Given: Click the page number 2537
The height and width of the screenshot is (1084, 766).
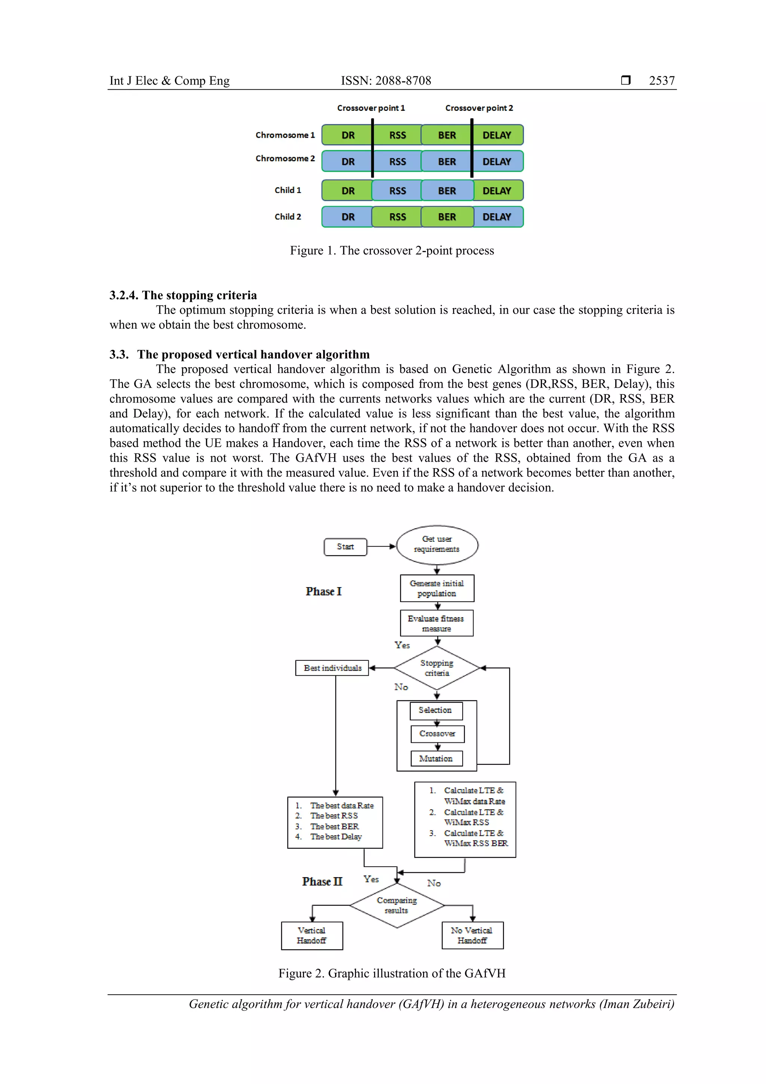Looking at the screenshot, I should pos(661,81).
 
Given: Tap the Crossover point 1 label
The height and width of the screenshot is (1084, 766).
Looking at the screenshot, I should pos(371,108).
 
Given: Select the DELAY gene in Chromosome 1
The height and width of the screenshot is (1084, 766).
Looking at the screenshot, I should pos(497,135).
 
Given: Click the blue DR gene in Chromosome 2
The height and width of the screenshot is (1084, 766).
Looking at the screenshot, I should pos(347,162).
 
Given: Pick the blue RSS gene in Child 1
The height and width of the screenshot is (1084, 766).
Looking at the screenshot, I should pos(397,191).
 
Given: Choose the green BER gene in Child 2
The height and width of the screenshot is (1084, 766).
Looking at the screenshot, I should pos(447,217).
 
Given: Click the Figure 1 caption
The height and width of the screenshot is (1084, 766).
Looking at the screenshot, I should pos(392,251).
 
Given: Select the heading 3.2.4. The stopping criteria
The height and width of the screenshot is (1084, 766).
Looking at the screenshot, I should pos(183,295).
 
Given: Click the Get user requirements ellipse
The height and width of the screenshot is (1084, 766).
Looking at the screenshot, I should pos(437,544).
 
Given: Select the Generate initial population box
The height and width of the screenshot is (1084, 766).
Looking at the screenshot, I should pos(436,588).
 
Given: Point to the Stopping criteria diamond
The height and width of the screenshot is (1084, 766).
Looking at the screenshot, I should pos(436,668).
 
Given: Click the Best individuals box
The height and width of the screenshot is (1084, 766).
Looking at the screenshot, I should pos(332,668).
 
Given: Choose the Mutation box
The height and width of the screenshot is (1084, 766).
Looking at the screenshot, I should pos(436,759).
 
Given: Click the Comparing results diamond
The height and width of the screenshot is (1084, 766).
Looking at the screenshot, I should pos(396,906).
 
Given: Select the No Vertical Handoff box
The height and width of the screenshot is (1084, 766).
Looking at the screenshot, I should pos(472,935).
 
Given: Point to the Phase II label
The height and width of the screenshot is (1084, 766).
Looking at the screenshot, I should pos(322,882).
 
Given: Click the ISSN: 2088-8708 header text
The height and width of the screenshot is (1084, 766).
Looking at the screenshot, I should pos(386,81).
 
